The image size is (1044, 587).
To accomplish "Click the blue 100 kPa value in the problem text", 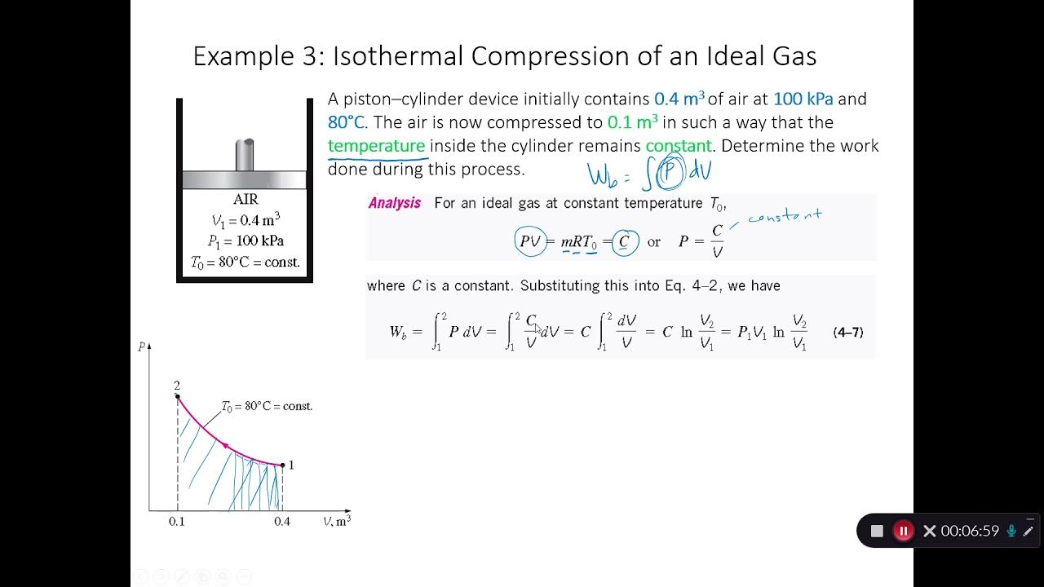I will (803, 99).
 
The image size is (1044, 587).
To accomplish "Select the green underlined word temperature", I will (376, 146).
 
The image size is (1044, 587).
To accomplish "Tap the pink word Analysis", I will (395, 203).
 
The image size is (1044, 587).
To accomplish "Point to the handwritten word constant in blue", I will (785, 217).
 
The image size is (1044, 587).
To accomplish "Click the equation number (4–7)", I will (847, 332).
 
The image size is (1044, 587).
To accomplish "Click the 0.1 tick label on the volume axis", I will (177, 522).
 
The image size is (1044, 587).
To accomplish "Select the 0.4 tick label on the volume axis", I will (281, 522).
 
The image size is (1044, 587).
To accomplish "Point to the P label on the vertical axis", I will (142, 347).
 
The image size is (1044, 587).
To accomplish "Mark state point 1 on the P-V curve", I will (282, 465).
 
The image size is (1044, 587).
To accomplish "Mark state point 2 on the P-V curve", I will (177, 396).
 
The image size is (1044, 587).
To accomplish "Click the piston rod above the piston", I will (245, 154).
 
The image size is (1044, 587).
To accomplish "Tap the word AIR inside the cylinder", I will (245, 200).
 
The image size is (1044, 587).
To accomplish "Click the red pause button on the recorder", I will (903, 531).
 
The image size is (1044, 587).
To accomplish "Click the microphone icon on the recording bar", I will (1011, 531).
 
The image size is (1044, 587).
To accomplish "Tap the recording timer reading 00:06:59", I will (969, 531).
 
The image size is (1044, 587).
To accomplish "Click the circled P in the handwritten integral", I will (670, 172).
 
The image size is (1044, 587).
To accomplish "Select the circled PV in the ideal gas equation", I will (530, 242).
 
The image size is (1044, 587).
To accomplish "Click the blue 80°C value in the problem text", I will (346, 123).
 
